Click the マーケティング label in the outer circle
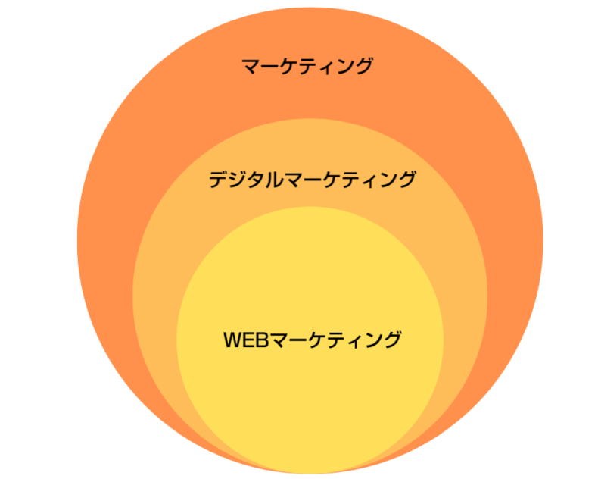pos(307,66)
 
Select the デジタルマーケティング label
pos(313,179)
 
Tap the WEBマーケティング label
pos(313,340)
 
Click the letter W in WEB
pos(234,340)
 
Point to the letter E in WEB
pos(251,340)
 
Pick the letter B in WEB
pos(264,340)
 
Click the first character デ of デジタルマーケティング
pos(219,180)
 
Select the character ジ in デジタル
pos(238,180)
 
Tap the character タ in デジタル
pos(256,180)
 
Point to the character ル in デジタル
pos(274,180)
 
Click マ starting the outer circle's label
pos(251,67)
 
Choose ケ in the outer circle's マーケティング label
pos(289,67)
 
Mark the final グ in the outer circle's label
pos(363,66)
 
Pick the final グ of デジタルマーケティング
pos(407,179)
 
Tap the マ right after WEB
pos(280,340)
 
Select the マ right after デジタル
pos(294,180)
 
